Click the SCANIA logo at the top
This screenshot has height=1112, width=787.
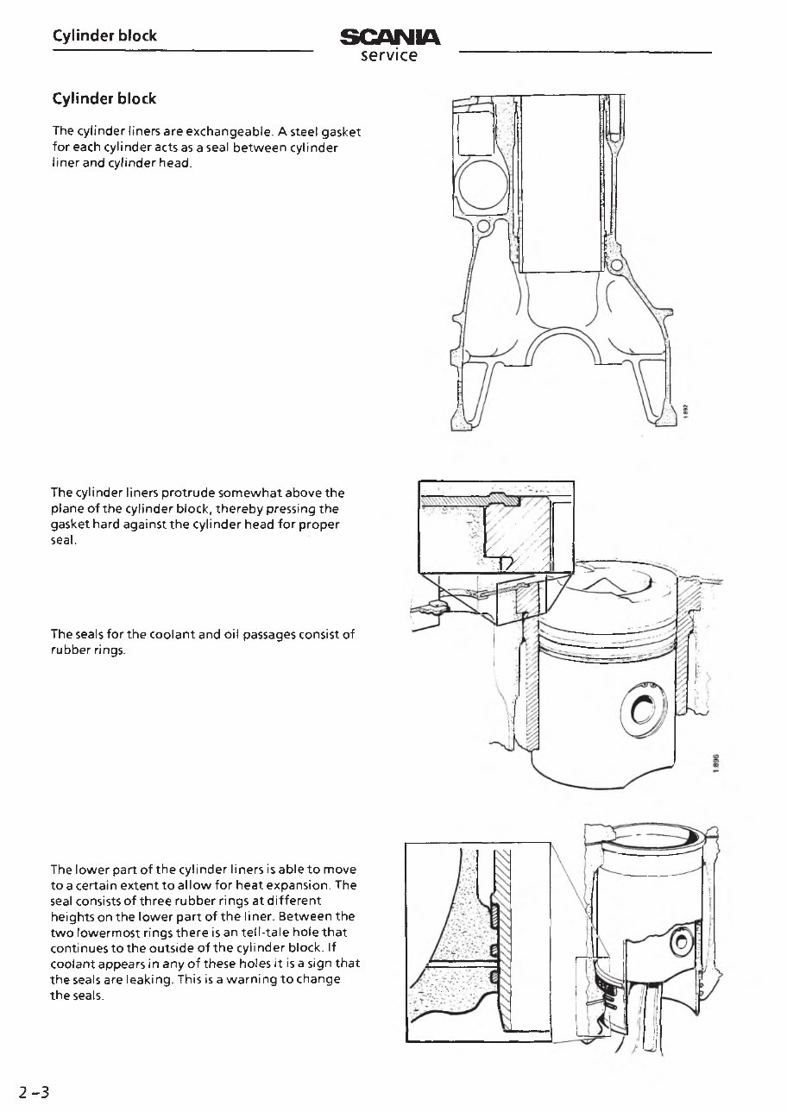tap(391, 37)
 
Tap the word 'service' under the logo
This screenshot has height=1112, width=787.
tap(389, 56)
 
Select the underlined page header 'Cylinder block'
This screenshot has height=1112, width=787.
tap(104, 36)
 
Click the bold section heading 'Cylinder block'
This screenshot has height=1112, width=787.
tap(104, 98)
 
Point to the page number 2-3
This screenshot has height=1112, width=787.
tap(35, 1092)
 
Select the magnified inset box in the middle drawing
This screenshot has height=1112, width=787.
tap(496, 526)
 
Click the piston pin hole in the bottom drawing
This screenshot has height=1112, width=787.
tap(682, 941)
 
